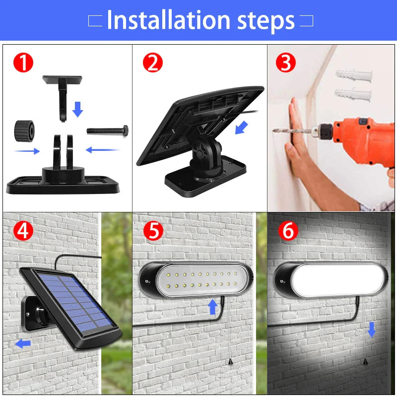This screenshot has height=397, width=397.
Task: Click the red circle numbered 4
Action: (23, 231)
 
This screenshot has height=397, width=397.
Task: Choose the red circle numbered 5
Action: (153, 231)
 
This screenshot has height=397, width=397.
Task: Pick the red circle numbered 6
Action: (288, 231)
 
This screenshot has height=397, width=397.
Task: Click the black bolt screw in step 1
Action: (108, 131)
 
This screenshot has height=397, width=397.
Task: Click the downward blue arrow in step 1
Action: (77, 109)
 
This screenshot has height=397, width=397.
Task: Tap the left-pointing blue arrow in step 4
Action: (23, 343)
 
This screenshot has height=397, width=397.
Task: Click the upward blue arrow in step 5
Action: (213, 307)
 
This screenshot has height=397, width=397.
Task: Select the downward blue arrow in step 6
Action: (371, 329)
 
